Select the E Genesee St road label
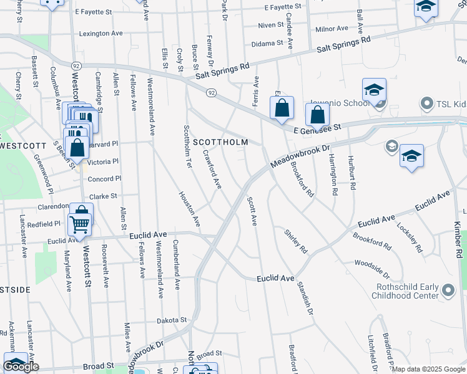click(318, 128)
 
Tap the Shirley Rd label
click(296, 241)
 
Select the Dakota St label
click(172, 320)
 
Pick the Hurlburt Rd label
click(352, 173)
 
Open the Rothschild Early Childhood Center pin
click(448, 290)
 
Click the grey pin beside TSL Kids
click(427, 103)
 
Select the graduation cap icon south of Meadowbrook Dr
click(412, 156)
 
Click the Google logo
click(21, 367)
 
